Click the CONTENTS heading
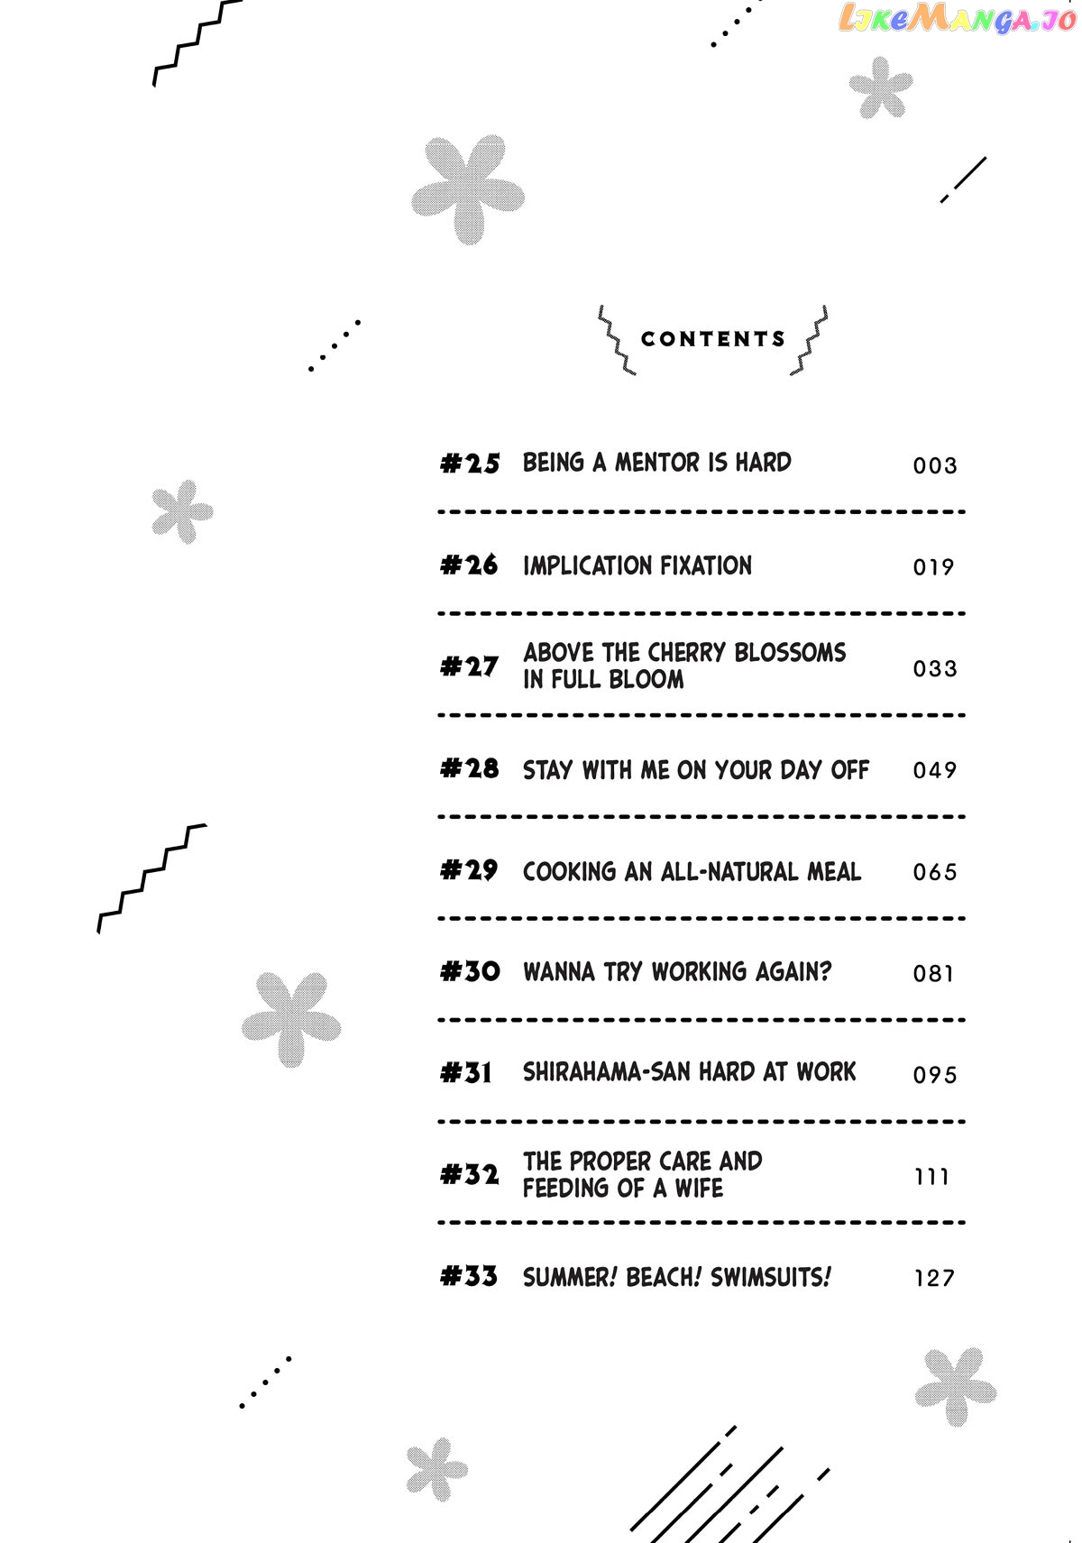[x=712, y=339]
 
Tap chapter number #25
[x=470, y=463]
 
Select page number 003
[x=935, y=465]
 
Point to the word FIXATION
[x=706, y=565]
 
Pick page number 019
[x=933, y=567]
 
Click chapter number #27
[x=469, y=666]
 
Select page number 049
[x=935, y=770]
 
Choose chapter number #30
[x=470, y=971]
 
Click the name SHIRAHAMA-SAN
[x=607, y=1072]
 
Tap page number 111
[x=931, y=1177]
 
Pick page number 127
[x=934, y=1279]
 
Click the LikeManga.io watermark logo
[x=958, y=19]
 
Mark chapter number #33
[x=468, y=1276]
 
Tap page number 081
[x=933, y=973]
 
